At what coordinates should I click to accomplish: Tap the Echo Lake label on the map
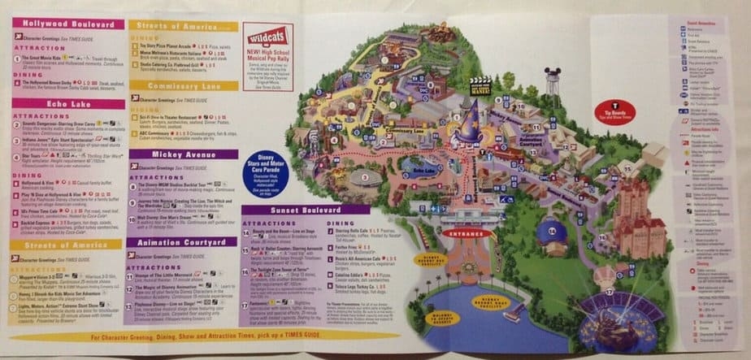coord(420,171)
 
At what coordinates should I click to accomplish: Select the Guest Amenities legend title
coord(701,24)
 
